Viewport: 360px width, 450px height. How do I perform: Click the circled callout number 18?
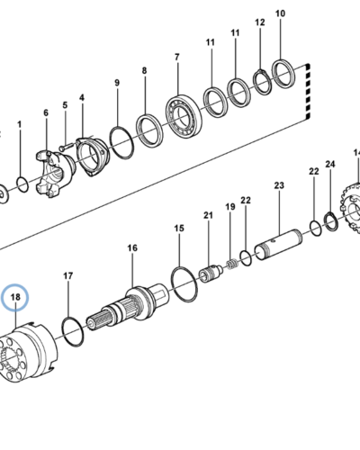click(x=15, y=297)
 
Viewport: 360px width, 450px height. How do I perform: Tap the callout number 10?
click(x=280, y=13)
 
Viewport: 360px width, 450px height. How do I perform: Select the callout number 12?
click(x=260, y=22)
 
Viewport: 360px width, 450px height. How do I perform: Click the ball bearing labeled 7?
click(x=184, y=115)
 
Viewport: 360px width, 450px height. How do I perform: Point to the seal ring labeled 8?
click(x=149, y=130)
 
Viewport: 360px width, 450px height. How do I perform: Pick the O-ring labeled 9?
click(x=121, y=142)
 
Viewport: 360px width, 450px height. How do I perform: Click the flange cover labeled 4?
click(x=91, y=157)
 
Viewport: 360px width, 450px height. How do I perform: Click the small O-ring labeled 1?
click(x=22, y=184)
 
